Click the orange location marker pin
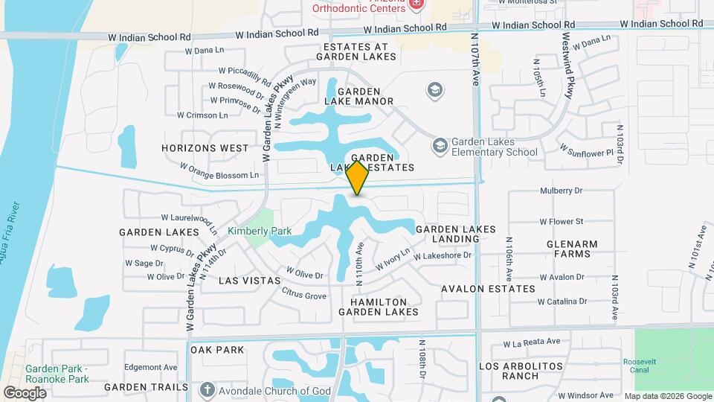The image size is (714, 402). [358, 178]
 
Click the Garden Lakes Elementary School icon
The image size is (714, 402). [440, 145]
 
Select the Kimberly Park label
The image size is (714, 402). [260, 231]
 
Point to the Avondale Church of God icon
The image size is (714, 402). [207, 390]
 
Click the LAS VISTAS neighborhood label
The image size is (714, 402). [250, 281]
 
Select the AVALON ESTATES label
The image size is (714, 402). [488, 288]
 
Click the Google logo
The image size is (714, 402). [25, 392]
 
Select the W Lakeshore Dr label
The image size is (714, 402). [443, 255]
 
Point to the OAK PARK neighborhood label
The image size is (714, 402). [218, 349]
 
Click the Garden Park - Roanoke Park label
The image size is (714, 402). [57, 374]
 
